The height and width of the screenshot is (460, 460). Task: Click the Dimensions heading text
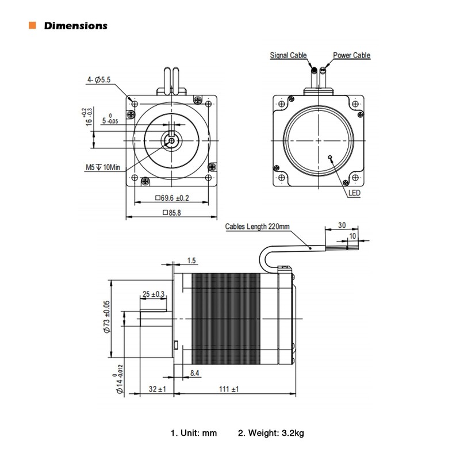point(75,26)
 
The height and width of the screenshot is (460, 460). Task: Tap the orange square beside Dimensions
point(32,26)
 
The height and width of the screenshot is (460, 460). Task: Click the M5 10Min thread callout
point(99,167)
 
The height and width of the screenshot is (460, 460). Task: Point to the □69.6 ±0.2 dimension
point(172,198)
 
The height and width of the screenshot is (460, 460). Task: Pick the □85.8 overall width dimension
point(172,212)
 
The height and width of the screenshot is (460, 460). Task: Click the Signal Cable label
point(289,56)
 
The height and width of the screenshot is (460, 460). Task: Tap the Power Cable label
point(351,56)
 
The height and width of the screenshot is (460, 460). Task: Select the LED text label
point(354,194)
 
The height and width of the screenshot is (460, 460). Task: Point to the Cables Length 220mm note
point(258,227)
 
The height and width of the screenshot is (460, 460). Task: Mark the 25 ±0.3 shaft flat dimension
point(154,294)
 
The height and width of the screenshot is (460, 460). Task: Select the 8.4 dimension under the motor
point(195,374)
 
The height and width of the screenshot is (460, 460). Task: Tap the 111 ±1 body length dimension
point(228,389)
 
